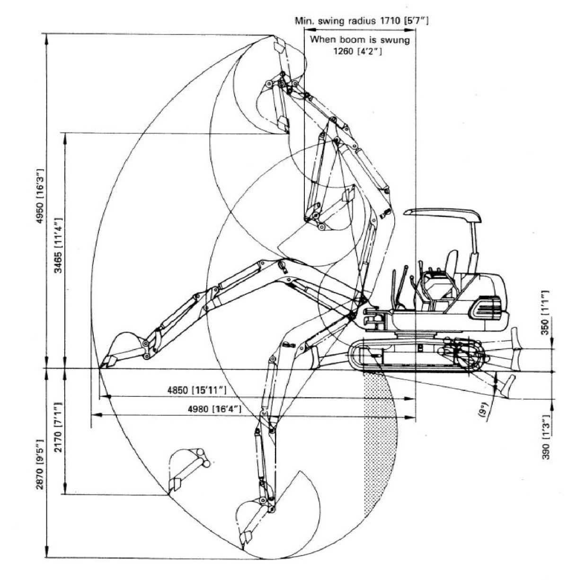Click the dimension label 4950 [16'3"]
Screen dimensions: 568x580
coord(41,196)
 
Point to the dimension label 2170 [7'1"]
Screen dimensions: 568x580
coord(58,427)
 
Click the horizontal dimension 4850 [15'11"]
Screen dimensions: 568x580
coord(196,390)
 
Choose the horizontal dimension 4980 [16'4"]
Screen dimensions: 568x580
coord(214,409)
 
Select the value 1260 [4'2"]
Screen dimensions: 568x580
coord(357,51)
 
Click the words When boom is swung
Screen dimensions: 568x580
coord(360,39)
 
